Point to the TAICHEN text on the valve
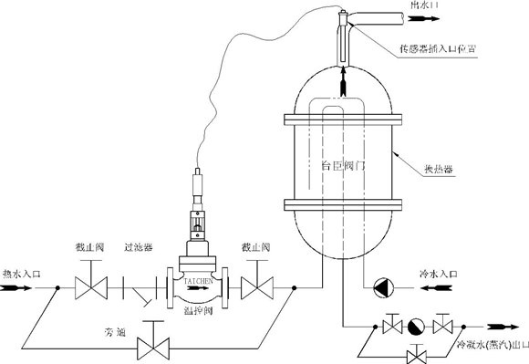coord(201,283)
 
